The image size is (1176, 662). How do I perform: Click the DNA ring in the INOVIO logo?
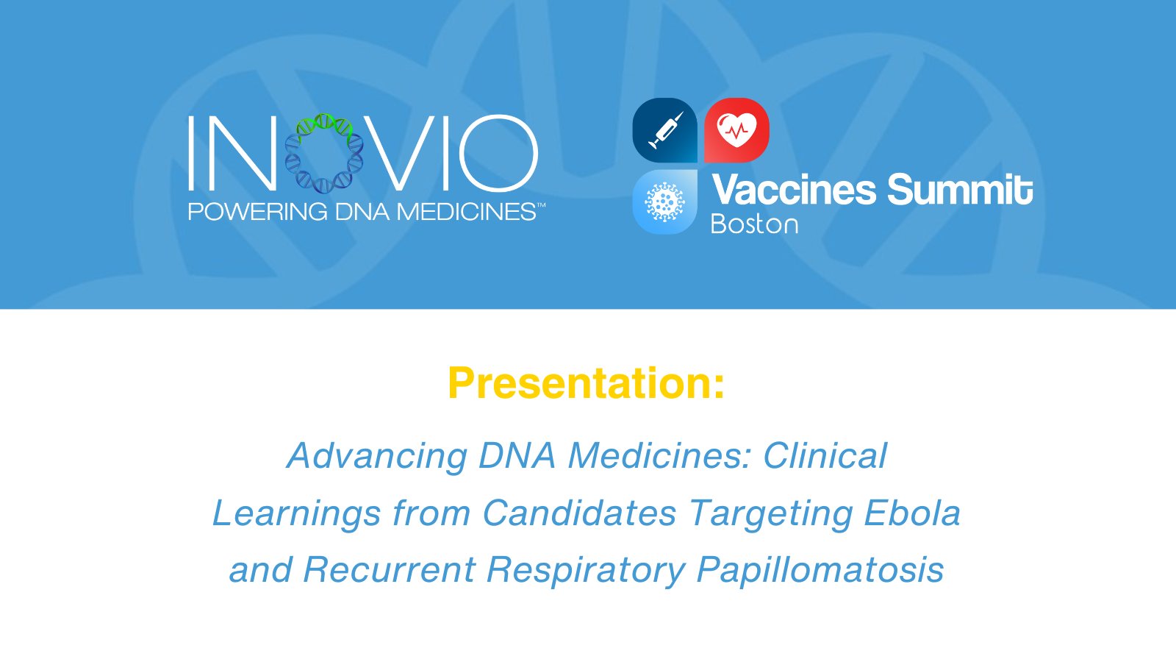[x=324, y=153]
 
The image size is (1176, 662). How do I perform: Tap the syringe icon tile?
[x=664, y=130]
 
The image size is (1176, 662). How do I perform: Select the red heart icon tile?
[x=736, y=130]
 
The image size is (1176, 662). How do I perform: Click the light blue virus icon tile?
[x=664, y=202]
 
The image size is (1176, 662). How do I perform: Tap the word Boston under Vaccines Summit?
[x=754, y=224]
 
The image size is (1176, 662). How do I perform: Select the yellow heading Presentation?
[x=586, y=383]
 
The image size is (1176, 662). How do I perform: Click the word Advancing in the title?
[x=377, y=456]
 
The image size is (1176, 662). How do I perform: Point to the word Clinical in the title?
[x=825, y=456]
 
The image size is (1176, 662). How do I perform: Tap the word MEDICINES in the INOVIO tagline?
[x=467, y=213]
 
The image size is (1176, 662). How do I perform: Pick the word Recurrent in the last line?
[x=389, y=570]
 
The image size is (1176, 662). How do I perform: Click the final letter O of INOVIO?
[x=498, y=153]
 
